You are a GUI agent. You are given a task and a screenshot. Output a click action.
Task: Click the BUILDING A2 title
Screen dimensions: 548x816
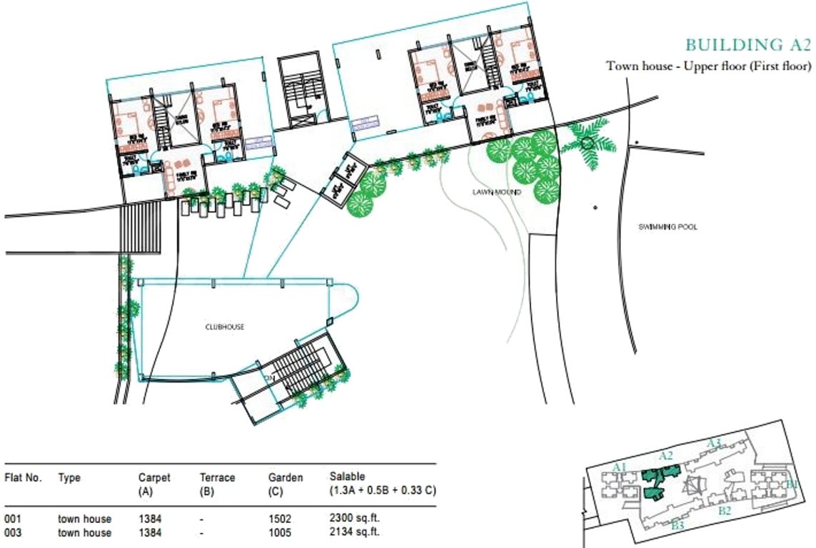(x=747, y=46)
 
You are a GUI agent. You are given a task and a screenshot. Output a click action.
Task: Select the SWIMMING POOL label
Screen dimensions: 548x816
(x=668, y=227)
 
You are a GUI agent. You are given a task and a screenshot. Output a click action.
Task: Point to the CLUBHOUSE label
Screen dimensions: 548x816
(x=225, y=327)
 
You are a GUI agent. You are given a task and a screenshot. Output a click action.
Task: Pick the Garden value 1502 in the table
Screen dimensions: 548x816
(x=280, y=520)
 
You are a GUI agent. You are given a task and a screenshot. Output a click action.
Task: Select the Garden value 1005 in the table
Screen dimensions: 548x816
(x=280, y=532)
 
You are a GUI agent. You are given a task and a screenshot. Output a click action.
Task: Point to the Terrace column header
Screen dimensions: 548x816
(x=217, y=478)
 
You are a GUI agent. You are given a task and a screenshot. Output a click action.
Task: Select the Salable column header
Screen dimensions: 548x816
(x=347, y=475)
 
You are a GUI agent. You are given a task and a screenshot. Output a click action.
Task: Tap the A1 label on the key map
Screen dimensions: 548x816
(x=620, y=467)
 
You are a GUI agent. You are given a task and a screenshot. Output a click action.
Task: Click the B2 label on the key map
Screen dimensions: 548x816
(x=725, y=510)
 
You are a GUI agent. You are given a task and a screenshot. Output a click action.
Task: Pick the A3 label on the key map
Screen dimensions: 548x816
(x=714, y=443)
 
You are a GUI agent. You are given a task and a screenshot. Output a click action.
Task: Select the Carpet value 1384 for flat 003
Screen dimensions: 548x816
(x=150, y=532)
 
